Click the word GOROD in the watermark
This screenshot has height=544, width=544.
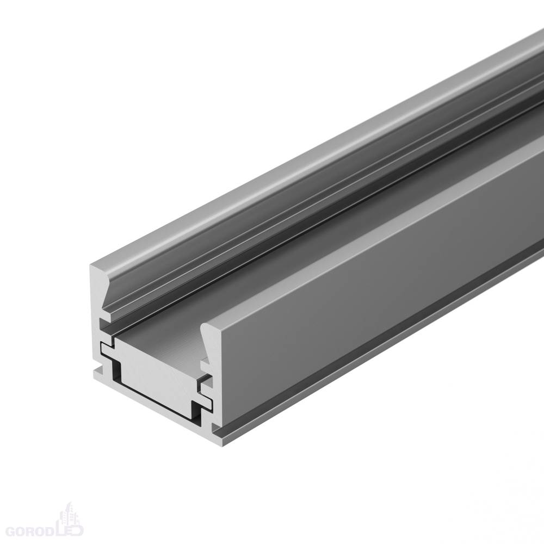point(31,531)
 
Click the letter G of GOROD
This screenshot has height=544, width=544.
point(11,531)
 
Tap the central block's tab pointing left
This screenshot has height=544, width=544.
point(108,349)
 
